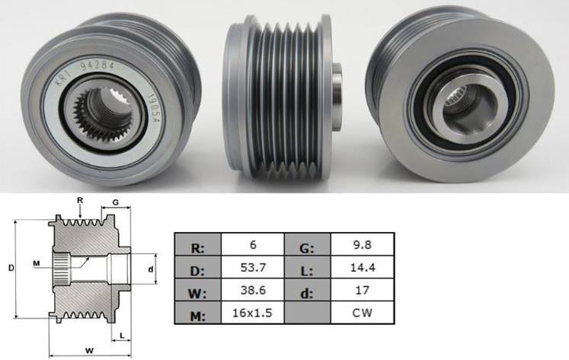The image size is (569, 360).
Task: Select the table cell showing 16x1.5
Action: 252,313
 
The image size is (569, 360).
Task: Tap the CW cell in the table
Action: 363,313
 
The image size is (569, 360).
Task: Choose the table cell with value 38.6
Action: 252,290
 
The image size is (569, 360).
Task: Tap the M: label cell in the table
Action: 197,313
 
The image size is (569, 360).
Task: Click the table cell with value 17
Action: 363,290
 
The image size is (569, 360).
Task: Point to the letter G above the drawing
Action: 115,202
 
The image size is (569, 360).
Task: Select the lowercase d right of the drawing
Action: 151,269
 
